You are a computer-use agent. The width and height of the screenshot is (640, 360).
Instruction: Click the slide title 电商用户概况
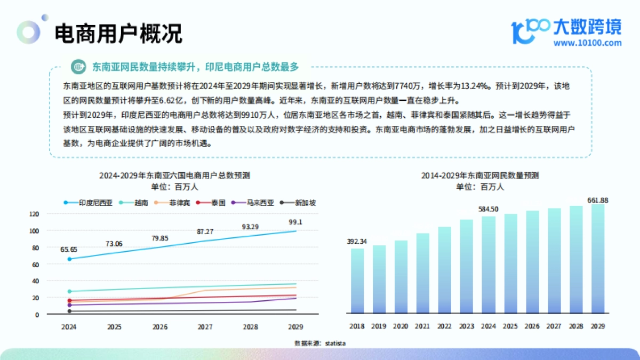[x=118, y=33]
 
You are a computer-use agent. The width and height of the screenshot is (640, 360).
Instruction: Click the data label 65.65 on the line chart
[x=69, y=249]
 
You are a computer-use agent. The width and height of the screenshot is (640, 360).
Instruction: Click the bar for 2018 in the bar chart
[x=357, y=281]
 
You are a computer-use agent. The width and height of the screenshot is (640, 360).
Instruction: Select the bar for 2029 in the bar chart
[x=598, y=259]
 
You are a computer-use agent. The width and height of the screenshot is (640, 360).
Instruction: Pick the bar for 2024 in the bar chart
[x=489, y=265]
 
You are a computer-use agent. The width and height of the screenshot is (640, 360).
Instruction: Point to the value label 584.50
[x=488, y=209]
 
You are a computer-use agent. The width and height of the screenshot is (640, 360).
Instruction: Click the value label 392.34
[x=357, y=241]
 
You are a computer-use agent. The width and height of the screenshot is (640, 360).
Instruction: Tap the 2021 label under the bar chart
[x=423, y=326]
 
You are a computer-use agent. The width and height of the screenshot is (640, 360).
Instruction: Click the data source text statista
[x=335, y=343]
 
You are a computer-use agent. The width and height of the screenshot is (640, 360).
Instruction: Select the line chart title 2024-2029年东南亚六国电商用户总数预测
[x=174, y=175]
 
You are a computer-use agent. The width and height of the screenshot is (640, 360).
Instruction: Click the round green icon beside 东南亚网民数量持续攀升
[x=79, y=67]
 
